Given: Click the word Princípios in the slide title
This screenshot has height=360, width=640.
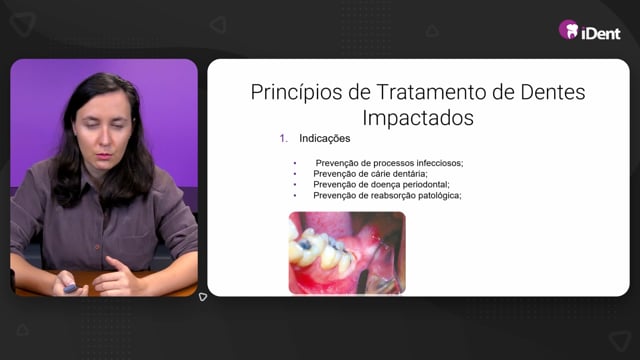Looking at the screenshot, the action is (x=297, y=93).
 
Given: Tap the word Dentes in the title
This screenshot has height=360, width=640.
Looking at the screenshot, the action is (x=553, y=92).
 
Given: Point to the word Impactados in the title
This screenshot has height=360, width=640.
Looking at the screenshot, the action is (x=418, y=118).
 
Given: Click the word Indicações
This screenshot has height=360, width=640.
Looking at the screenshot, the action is (x=324, y=138).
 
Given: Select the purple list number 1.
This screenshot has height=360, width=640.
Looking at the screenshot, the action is (x=283, y=138).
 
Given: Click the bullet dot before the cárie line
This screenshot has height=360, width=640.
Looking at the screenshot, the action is (x=295, y=174).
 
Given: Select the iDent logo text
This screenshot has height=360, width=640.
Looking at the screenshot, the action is (x=601, y=33).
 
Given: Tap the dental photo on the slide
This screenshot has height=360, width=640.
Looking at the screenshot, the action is (x=347, y=253).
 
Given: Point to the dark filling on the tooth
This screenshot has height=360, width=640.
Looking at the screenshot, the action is (x=305, y=244).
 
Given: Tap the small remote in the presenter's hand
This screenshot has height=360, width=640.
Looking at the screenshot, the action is (x=70, y=289).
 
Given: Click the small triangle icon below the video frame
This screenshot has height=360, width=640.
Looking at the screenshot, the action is (x=202, y=297).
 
